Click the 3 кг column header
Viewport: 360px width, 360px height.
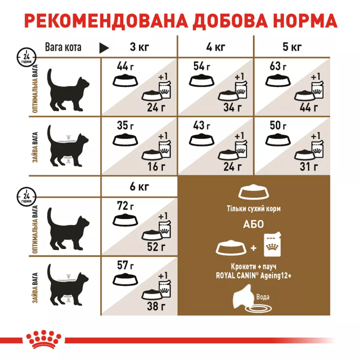click(x=139, y=48)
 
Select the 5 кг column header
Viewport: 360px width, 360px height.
click(x=292, y=48)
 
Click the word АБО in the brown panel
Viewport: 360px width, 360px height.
click(x=254, y=224)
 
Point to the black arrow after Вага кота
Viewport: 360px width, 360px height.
click(x=104, y=48)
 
